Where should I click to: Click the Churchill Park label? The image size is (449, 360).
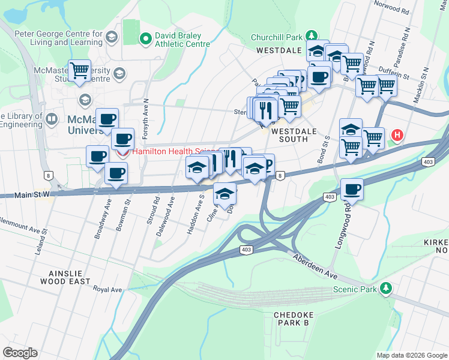[x=277, y=37]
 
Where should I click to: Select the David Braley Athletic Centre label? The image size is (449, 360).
[x=182, y=40]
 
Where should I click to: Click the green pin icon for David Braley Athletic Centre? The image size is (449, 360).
[x=145, y=40]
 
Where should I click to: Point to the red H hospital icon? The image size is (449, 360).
[x=396, y=136]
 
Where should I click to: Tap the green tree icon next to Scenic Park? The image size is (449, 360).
[x=388, y=289]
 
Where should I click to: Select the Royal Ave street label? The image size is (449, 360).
[x=107, y=289]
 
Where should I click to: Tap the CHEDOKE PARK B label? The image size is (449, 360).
[x=291, y=319]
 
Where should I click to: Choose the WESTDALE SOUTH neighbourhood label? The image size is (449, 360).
[x=290, y=135]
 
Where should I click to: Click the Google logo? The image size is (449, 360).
[x=20, y=353]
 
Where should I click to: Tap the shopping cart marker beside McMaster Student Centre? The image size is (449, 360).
[x=79, y=71]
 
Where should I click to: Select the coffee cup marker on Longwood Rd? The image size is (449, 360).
[x=352, y=190]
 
